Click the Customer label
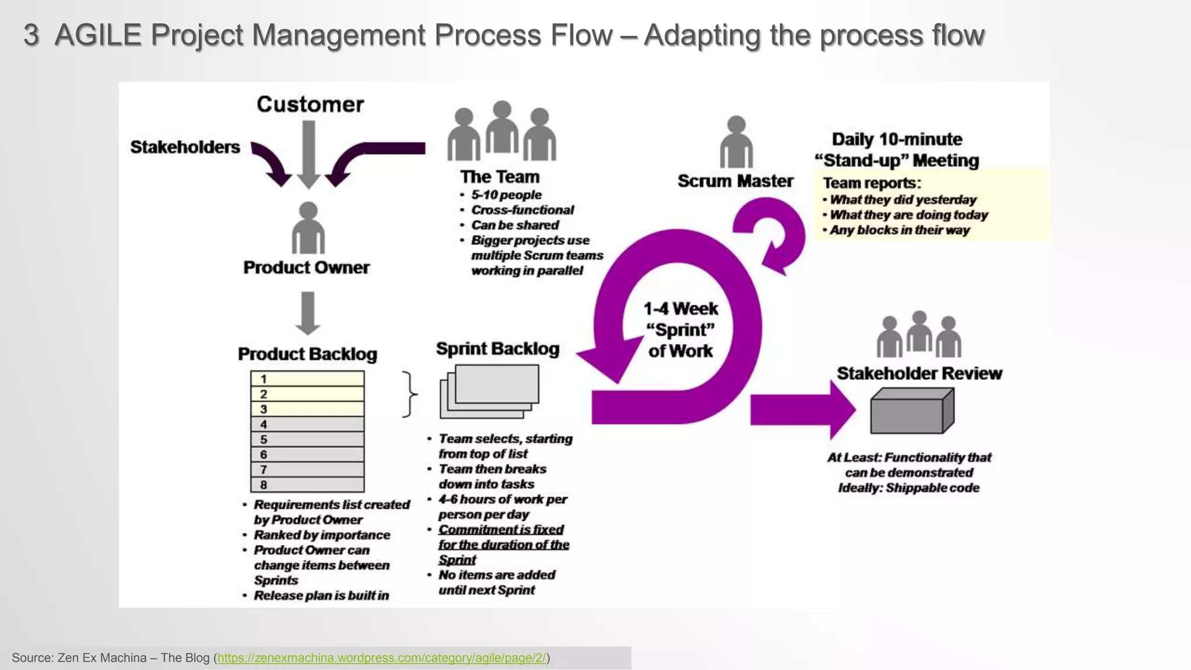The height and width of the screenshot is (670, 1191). click(310, 105)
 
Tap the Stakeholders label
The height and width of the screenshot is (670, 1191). click(185, 147)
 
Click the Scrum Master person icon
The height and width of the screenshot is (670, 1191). click(736, 142)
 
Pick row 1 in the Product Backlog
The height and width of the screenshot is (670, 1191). click(307, 379)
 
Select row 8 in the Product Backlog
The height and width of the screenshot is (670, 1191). click(307, 484)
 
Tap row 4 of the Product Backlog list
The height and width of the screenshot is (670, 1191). click(307, 424)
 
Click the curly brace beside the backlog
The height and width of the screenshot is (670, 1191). click(410, 394)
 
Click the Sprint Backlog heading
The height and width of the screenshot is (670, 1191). click(498, 349)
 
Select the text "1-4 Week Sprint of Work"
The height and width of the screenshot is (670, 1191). click(680, 330)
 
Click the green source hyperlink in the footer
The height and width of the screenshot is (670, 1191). click(381, 658)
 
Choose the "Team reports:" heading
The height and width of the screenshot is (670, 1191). click(872, 183)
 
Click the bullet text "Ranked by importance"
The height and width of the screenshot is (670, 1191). click(322, 535)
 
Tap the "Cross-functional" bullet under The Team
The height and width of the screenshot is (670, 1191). click(522, 210)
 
